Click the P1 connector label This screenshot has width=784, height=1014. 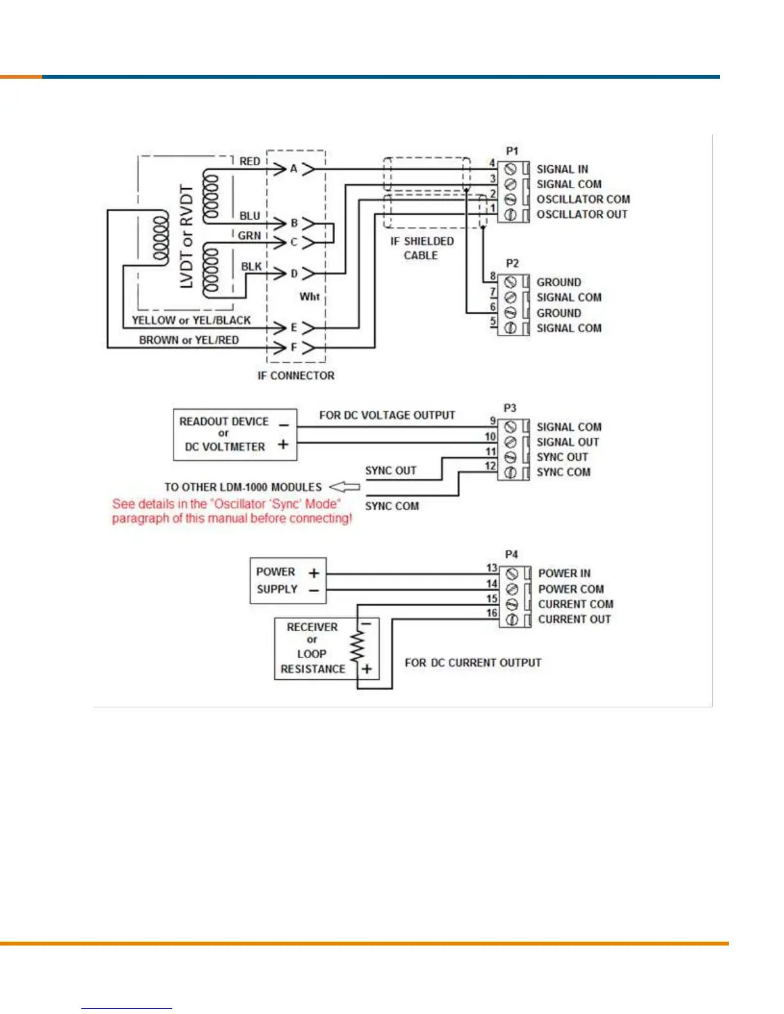[512, 151]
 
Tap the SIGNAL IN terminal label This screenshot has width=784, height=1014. [562, 169]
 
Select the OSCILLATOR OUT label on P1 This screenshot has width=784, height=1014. [582, 214]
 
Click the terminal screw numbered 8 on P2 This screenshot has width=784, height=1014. [510, 282]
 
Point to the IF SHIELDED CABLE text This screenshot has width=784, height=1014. [421, 248]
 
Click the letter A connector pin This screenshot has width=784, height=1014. [294, 169]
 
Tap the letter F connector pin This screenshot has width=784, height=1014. [294, 348]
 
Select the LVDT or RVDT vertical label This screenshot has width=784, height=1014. [186, 237]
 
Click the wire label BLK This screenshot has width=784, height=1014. [251, 266]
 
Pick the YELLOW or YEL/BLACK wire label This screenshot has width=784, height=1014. [191, 320]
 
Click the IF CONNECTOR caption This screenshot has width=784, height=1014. [296, 376]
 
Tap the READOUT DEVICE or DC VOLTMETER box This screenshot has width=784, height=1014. [235, 435]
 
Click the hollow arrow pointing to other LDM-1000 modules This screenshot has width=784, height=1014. [345, 487]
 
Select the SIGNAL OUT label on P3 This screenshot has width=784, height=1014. [568, 442]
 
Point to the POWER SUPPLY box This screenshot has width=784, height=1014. [288, 581]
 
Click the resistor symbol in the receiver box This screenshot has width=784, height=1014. [357, 647]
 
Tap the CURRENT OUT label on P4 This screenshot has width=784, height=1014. [574, 619]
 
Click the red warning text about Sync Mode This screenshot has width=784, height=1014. [232, 511]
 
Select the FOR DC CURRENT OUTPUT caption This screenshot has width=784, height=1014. [473, 663]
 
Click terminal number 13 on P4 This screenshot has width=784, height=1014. [491, 568]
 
